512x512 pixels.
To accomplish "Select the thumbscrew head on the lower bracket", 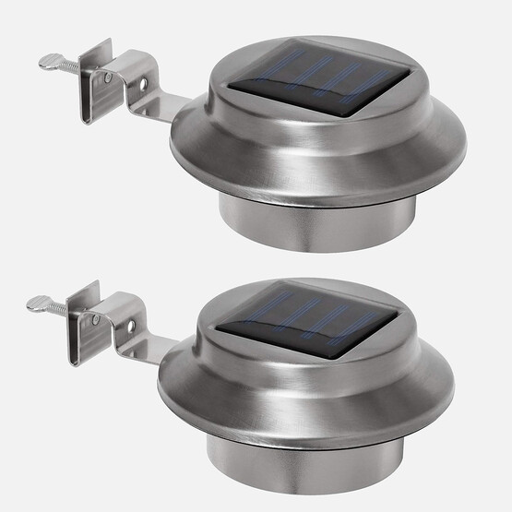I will [36, 302].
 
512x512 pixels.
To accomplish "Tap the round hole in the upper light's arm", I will [145, 85].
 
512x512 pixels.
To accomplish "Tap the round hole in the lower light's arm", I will [132, 327].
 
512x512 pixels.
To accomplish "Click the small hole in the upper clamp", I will [109, 78].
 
